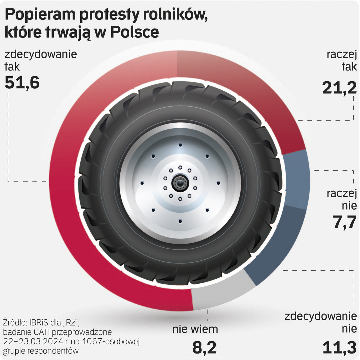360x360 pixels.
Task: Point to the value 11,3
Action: (x=339, y=347)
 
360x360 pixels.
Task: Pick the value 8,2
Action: (x=204, y=347)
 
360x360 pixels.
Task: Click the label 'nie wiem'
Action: (x=195, y=329)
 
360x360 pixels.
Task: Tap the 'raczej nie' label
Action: (x=342, y=199)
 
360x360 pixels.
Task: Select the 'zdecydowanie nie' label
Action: (x=321, y=322)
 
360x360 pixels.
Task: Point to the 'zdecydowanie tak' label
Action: (x=41, y=60)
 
